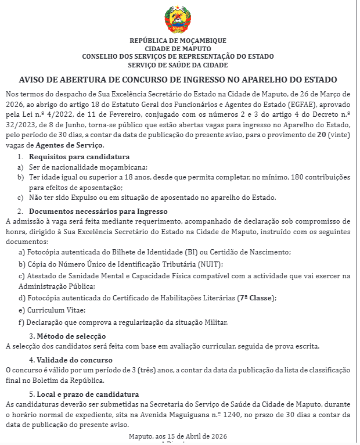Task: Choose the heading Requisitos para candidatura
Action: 80,157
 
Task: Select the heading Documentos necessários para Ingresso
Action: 98,211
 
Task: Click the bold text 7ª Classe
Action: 255,299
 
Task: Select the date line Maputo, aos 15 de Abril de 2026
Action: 178,436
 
